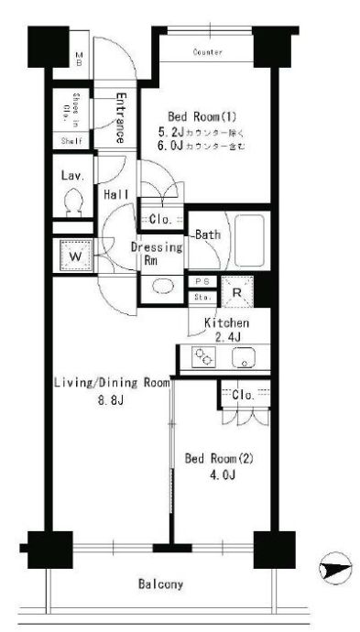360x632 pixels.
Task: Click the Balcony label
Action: click(x=160, y=583)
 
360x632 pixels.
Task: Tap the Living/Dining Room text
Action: click(x=111, y=383)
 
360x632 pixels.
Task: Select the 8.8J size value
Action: click(x=111, y=399)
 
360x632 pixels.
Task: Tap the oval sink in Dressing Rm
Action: click(x=161, y=284)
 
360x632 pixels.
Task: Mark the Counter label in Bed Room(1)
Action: click(x=208, y=52)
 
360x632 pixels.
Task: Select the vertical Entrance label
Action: click(x=119, y=117)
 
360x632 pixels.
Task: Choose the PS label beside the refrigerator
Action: click(x=202, y=282)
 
